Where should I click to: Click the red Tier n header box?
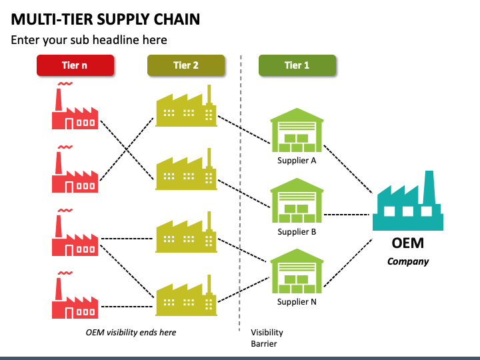click(75, 65)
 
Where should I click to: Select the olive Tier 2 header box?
click(186, 65)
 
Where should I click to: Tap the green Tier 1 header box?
click(297, 65)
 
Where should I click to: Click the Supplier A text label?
click(297, 161)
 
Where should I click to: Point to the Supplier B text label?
click(297, 232)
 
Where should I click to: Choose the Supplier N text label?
click(297, 302)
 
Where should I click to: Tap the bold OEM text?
click(408, 243)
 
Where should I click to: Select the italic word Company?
click(408, 262)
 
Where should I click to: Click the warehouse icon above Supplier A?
click(297, 130)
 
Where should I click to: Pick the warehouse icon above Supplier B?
click(297, 201)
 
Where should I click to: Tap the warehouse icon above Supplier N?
click(297, 271)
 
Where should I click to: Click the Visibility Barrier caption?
click(267, 338)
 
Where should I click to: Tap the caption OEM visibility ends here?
click(131, 333)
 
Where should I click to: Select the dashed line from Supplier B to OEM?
click(347, 215)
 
